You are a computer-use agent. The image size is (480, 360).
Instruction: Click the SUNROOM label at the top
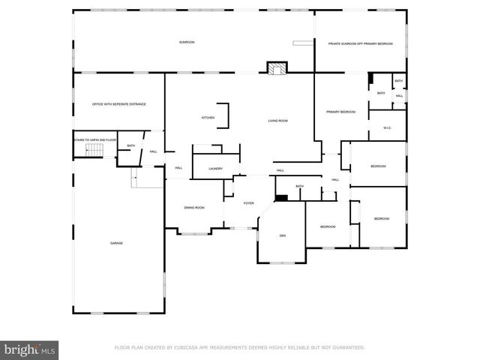pyautogui.click(x=186, y=42)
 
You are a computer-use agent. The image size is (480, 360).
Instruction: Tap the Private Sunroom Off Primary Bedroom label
pyautogui.click(x=361, y=44)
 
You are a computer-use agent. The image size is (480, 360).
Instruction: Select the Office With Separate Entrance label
pyautogui.click(x=118, y=104)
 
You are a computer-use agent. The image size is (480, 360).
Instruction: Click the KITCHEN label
pyautogui.click(x=208, y=118)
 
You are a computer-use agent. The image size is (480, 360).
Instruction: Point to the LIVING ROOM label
pyautogui.click(x=278, y=121)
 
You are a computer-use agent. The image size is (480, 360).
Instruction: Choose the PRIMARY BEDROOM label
pyautogui.click(x=340, y=112)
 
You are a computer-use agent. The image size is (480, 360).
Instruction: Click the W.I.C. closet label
pyautogui.click(x=387, y=127)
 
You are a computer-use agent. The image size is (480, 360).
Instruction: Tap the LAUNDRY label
pyautogui.click(x=216, y=169)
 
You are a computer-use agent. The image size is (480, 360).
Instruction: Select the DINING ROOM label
pyautogui.click(x=195, y=208)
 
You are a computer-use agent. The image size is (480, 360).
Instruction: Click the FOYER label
pyautogui.click(x=248, y=202)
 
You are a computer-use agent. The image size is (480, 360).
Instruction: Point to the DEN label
pyautogui.click(x=283, y=236)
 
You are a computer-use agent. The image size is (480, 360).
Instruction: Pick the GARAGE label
pyautogui.click(x=117, y=243)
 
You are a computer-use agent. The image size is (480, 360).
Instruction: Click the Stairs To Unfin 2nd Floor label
pyautogui.click(x=94, y=140)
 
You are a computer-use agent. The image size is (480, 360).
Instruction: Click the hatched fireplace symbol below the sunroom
pyautogui.click(x=277, y=68)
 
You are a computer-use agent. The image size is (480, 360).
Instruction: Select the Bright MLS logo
pyautogui.click(x=30, y=349)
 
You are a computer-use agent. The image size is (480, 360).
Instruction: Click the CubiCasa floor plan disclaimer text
pyautogui.click(x=239, y=348)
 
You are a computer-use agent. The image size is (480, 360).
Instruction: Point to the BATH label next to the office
pyautogui.click(x=131, y=145)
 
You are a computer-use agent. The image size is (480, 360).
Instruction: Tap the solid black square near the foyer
pyautogui.click(x=281, y=197)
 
